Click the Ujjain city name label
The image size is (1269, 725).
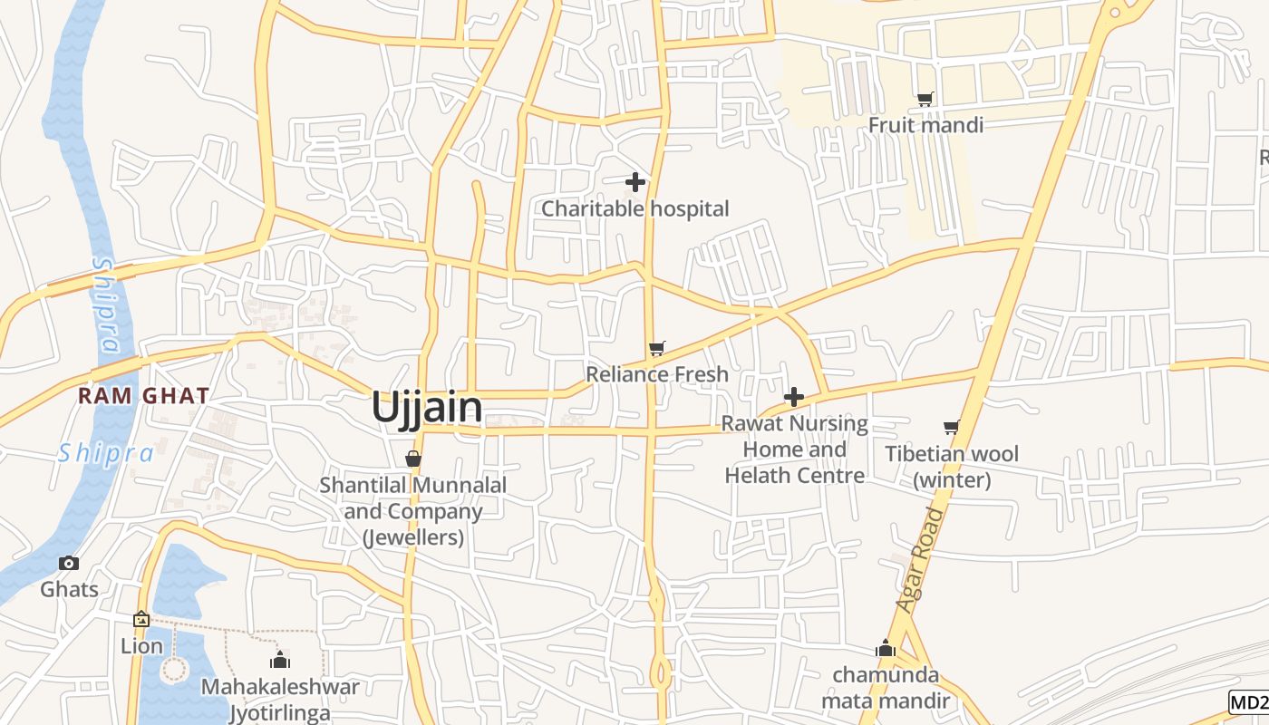click(427, 407)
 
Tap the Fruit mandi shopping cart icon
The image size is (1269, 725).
click(925, 99)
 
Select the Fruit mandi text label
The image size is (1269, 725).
click(925, 124)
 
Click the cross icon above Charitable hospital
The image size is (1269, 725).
click(635, 182)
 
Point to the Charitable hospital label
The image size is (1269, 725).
click(634, 208)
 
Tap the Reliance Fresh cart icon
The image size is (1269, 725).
click(657, 349)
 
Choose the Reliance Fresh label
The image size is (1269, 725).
click(657, 373)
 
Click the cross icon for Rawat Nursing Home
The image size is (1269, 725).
click(794, 397)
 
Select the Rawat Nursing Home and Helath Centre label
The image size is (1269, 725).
click(794, 449)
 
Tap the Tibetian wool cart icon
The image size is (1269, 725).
click(951, 427)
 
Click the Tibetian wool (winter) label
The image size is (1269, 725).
click(952, 466)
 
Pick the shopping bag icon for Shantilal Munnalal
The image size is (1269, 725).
click(413, 459)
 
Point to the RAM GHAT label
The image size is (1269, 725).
click(143, 396)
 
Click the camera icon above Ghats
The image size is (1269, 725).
click(69, 564)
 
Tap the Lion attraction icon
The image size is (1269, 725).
click(141, 620)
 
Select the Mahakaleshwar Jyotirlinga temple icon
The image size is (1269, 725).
click(280, 660)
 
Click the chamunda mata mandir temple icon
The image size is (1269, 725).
click(886, 649)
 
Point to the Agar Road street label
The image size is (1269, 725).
click(921, 559)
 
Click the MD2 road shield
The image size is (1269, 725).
click(1249, 701)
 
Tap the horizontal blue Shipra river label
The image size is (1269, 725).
click(105, 453)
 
